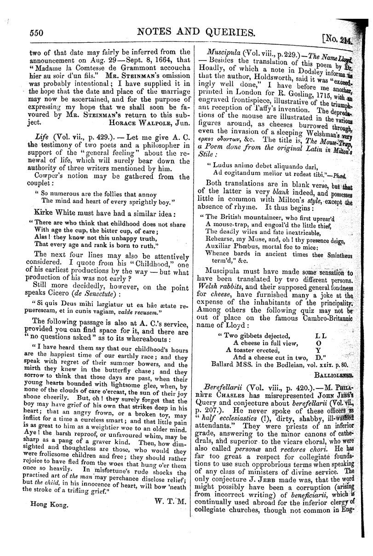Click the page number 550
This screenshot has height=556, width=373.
(x=36, y=32)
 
